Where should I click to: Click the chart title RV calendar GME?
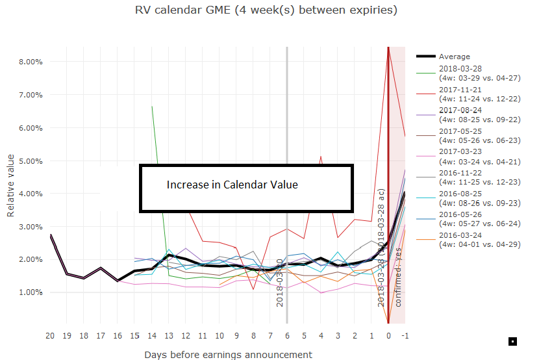click(266, 10)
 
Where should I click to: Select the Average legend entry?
click(454, 57)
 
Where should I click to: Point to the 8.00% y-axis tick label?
click(29, 62)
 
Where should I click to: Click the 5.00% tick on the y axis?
click(29, 161)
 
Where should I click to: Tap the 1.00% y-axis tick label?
click(29, 292)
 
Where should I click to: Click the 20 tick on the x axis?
click(50, 336)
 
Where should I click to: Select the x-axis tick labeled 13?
click(168, 336)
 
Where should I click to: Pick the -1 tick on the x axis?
click(405, 336)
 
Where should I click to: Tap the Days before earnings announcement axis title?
click(227, 354)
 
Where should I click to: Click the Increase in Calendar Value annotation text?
click(232, 185)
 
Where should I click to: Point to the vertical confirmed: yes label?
click(398, 276)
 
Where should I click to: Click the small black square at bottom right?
click(512, 341)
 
